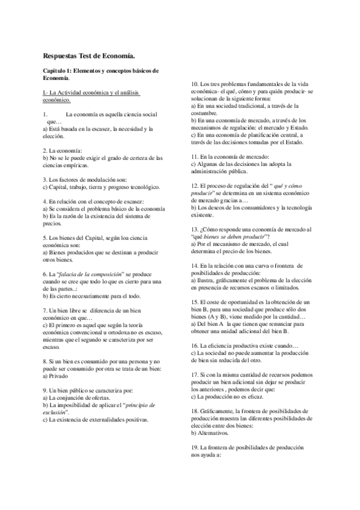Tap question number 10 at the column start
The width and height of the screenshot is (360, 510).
click(194, 84)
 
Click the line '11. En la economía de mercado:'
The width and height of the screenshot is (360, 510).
click(233, 156)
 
